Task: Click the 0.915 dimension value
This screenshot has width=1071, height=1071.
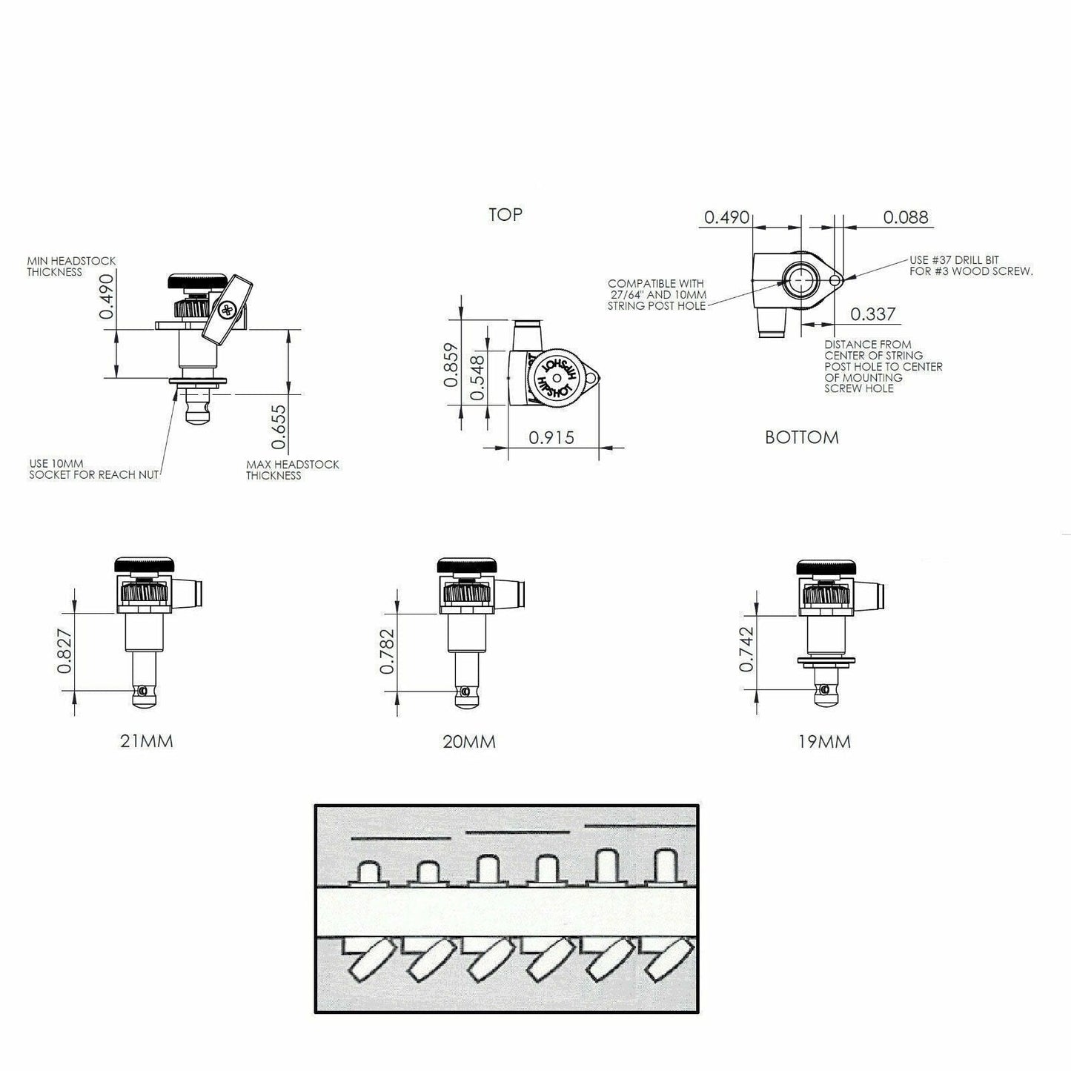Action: pyautogui.click(x=551, y=438)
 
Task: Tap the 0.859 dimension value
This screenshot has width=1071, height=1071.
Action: pyautogui.click(x=451, y=365)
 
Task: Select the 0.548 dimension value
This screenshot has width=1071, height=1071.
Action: pyautogui.click(x=477, y=378)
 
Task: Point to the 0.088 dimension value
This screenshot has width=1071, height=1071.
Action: pyautogui.click(x=906, y=217)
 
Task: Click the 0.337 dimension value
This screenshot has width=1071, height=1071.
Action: pyautogui.click(x=873, y=314)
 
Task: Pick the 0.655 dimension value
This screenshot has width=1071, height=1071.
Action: pyautogui.click(x=279, y=426)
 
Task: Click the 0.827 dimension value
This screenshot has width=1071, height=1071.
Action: pyautogui.click(x=64, y=651)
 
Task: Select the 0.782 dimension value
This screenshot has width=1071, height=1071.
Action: pyautogui.click(x=387, y=651)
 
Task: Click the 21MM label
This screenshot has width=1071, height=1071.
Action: pyautogui.click(x=147, y=741)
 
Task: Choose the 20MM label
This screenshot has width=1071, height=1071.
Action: pyautogui.click(x=469, y=741)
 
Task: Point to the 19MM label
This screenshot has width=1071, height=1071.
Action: pyautogui.click(x=824, y=741)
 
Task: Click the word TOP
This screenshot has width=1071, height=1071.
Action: pyautogui.click(x=505, y=214)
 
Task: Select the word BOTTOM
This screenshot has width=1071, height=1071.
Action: pyautogui.click(x=801, y=437)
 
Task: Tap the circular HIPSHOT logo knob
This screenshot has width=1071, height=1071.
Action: pyautogui.click(x=557, y=378)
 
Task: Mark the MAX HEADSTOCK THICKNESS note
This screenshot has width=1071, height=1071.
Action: pyautogui.click(x=292, y=470)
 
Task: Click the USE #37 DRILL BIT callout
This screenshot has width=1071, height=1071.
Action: pyautogui.click(x=971, y=265)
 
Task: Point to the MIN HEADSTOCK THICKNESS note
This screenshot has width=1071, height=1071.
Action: pyautogui.click(x=71, y=266)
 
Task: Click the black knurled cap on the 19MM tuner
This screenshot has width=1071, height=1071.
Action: pyautogui.click(x=825, y=567)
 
